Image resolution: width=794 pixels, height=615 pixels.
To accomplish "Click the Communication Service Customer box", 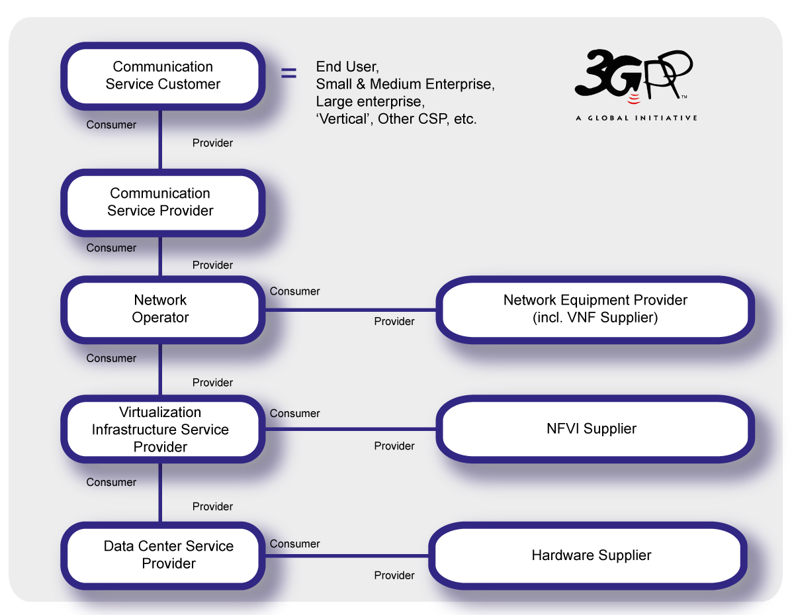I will (162, 75).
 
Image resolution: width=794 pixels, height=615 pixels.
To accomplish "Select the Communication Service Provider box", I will (162, 202).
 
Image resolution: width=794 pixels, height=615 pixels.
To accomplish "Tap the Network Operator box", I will (161, 308).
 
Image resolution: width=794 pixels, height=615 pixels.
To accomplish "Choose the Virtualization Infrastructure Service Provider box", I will (161, 429).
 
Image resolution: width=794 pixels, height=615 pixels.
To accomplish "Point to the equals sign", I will (289, 73).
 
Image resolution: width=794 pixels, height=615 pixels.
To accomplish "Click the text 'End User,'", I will (347, 67).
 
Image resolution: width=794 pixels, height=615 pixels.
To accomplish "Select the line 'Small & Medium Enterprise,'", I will (405, 84).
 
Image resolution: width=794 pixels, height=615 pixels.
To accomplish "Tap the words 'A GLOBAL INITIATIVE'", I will (636, 118).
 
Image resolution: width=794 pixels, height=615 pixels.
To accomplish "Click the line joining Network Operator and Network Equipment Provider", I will (351, 309).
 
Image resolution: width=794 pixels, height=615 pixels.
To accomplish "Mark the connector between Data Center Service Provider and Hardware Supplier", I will (347, 555).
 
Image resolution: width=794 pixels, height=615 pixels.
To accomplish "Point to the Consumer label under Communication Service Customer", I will (111, 124).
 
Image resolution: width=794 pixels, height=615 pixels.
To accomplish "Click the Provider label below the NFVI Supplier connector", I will (394, 446).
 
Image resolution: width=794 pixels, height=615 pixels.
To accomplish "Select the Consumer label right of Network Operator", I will (294, 291).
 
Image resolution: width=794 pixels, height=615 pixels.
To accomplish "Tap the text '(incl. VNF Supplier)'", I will (595, 318).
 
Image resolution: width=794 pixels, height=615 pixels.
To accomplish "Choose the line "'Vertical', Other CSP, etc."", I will (396, 119).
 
